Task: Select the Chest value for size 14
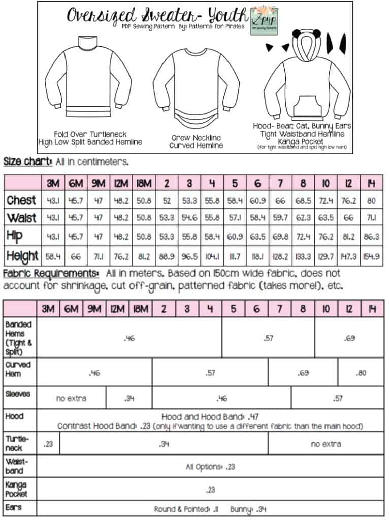(x=374, y=200)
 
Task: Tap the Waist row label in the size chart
(x=21, y=218)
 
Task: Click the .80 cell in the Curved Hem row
(x=361, y=373)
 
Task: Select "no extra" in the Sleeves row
(x=71, y=399)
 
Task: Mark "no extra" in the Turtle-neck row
(x=326, y=444)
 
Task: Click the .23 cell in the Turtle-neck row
(x=48, y=444)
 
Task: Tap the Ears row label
(x=14, y=506)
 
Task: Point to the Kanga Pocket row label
(x=16, y=490)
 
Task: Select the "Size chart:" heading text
(x=28, y=162)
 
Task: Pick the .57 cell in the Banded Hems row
(x=268, y=338)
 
